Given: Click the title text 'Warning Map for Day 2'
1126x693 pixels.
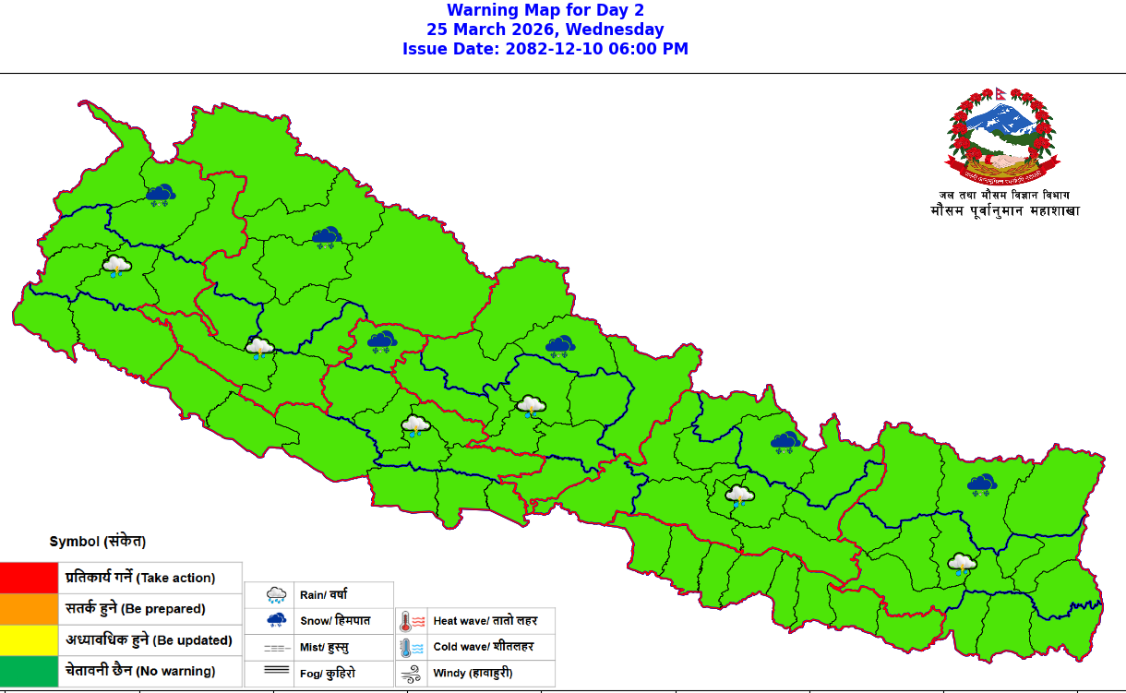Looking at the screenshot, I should (x=545, y=10).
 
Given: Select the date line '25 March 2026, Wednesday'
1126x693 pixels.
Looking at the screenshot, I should (x=545, y=30).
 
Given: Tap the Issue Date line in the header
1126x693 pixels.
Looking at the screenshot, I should (x=545, y=49).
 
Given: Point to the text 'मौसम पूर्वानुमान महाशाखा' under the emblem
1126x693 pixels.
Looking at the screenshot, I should (x=1004, y=211).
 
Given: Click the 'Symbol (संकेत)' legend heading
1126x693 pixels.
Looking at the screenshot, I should (x=98, y=542).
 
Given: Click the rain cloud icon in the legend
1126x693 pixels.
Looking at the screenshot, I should (x=276, y=595).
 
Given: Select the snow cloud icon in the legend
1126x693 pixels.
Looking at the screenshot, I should (x=276, y=621).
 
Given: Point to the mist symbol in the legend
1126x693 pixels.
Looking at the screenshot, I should (x=276, y=647).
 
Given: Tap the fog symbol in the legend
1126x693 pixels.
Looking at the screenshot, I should (x=276, y=673).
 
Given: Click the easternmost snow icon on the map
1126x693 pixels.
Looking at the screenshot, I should (x=981, y=484).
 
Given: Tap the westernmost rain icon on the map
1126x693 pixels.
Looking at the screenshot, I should (x=116, y=268).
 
